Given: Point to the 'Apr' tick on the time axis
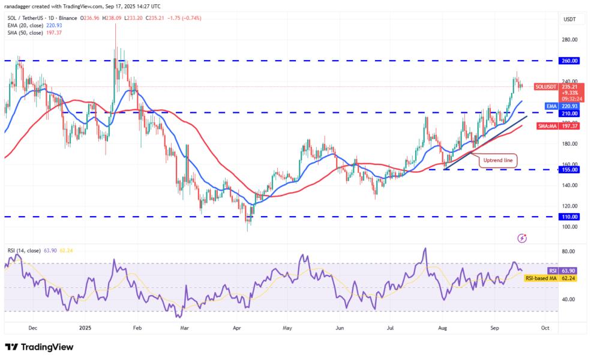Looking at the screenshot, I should click(x=236, y=328).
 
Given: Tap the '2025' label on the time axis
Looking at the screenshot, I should click(x=85, y=328).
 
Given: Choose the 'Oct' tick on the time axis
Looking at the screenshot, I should click(x=545, y=328).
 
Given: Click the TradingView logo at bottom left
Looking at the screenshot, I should click(x=39, y=347).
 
